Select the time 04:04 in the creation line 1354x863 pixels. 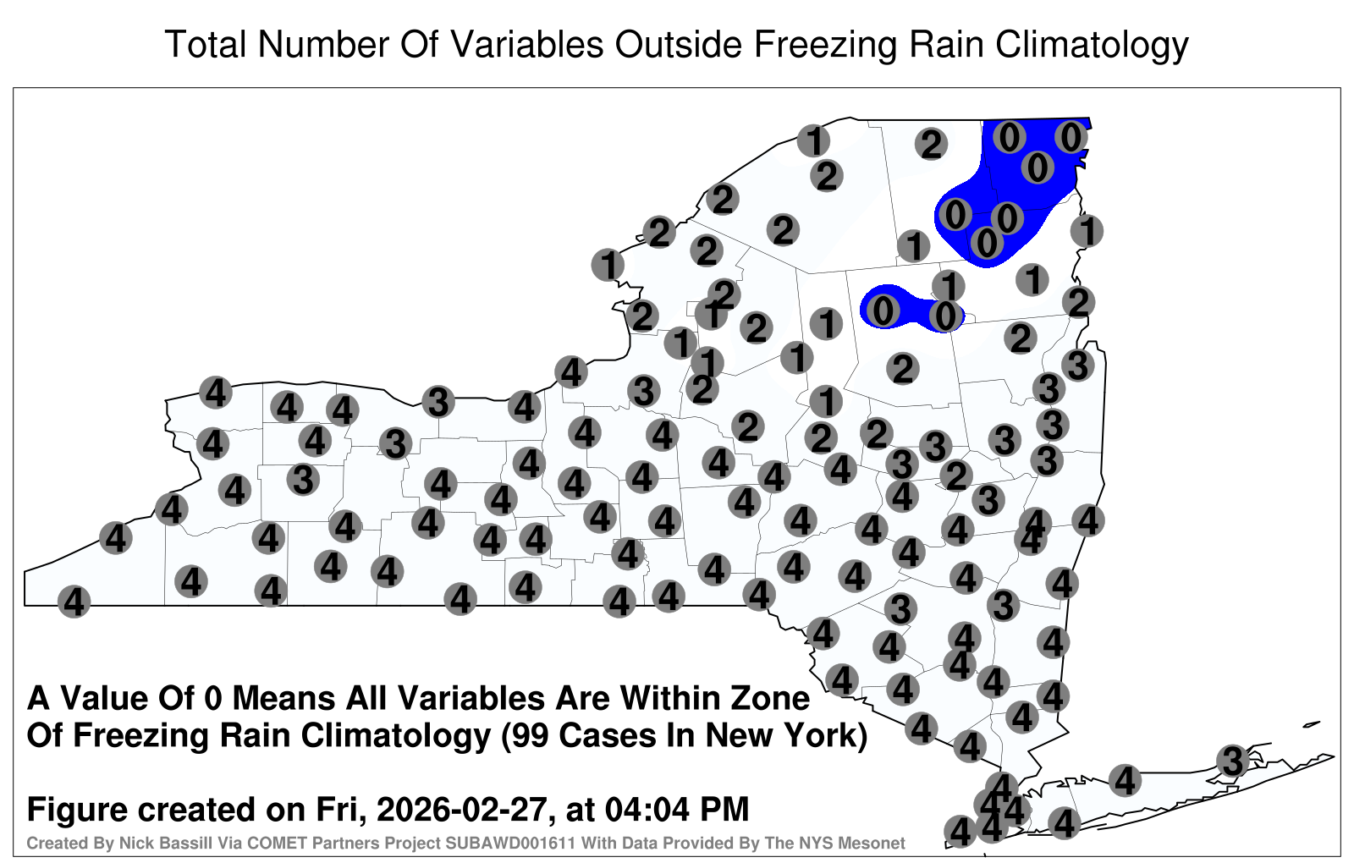click(647, 809)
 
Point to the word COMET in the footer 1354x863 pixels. click(228, 843)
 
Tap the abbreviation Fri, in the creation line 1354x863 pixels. click(344, 811)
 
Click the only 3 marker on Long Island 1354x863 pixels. click(1232, 761)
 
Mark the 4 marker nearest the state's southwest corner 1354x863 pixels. click(74, 602)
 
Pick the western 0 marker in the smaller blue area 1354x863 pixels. click(883, 311)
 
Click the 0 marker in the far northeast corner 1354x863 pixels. click(1071, 137)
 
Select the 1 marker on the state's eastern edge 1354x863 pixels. click(1087, 231)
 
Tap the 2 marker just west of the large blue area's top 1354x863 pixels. click(931, 145)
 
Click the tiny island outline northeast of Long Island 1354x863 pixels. click(1312, 724)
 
